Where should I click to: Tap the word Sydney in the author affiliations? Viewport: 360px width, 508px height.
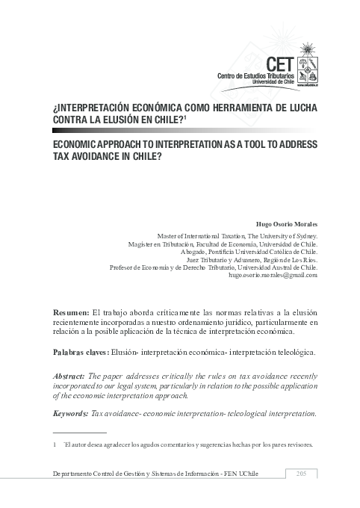pyautogui.click(x=304, y=235)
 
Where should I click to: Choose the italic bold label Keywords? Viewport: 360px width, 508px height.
pyautogui.click(x=70, y=413)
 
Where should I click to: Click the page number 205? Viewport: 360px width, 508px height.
pyautogui.click(x=302, y=474)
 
